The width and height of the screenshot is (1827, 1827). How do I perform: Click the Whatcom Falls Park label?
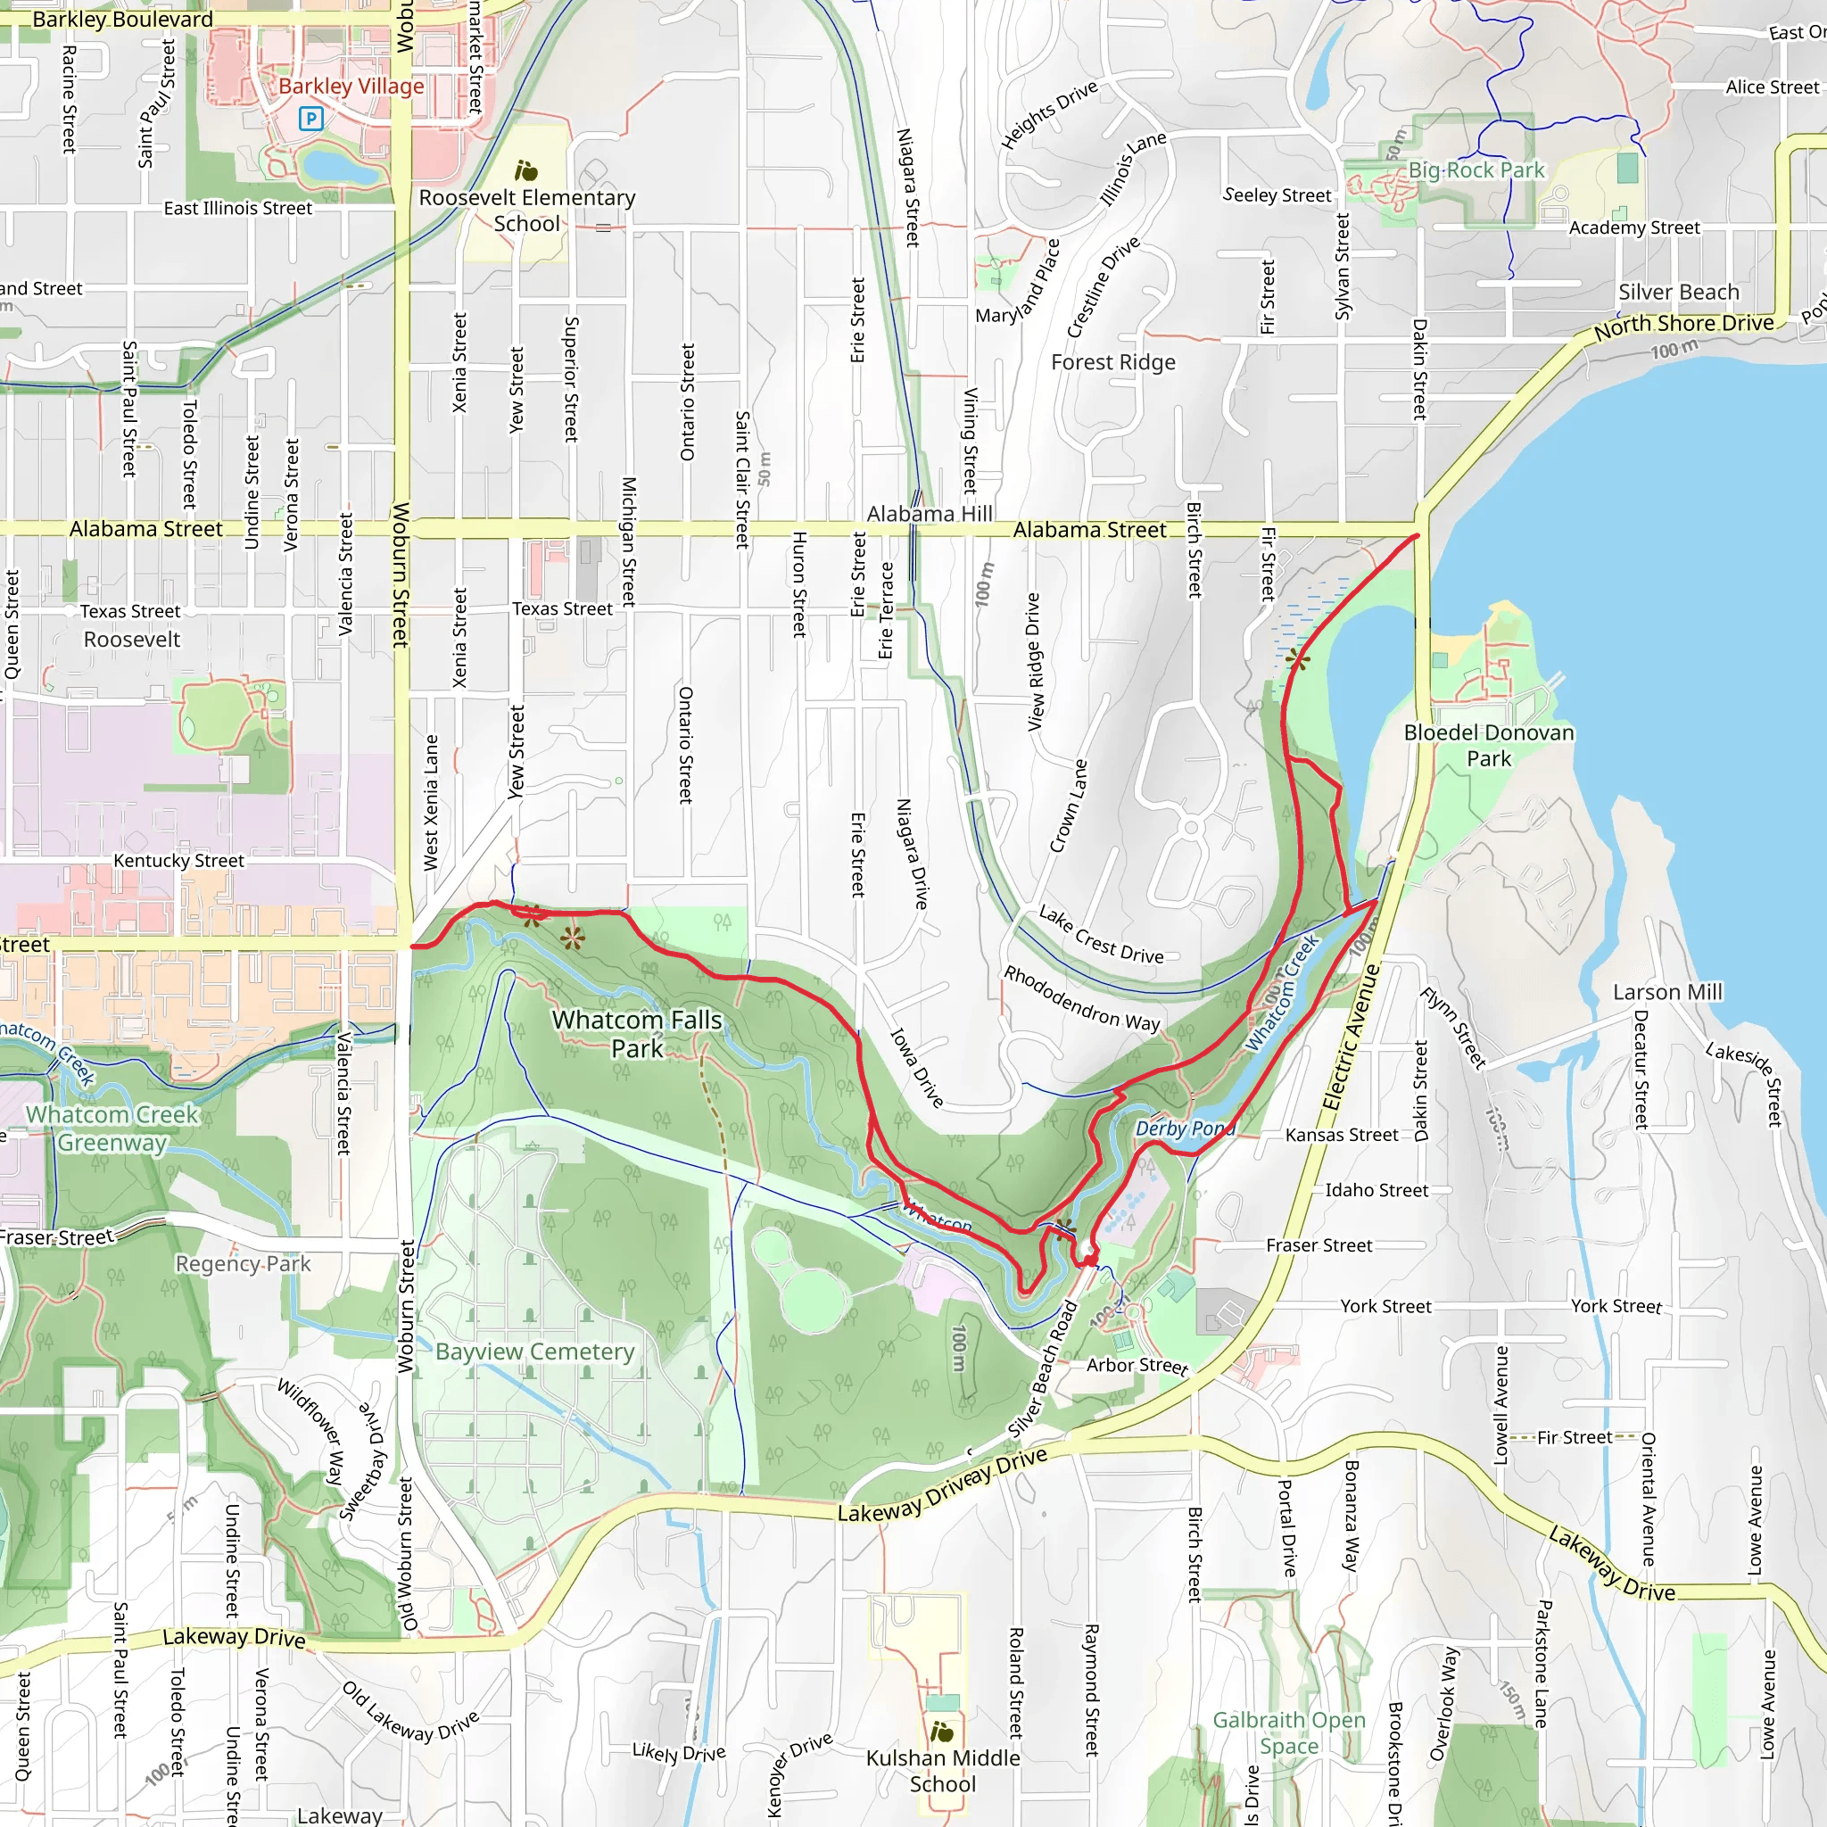[x=636, y=1034]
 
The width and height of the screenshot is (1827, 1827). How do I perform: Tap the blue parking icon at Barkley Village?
[x=310, y=119]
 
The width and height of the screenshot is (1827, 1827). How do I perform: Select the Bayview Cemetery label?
[x=534, y=1352]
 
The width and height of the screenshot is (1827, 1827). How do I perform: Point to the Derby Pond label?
[x=1184, y=1128]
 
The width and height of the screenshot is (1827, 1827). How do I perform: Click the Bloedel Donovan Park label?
[x=1489, y=745]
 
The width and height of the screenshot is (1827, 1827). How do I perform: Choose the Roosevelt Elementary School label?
[x=526, y=210]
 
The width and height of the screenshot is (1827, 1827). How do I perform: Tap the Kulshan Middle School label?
[x=943, y=1770]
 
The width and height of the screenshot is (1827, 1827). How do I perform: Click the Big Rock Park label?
[x=1476, y=170]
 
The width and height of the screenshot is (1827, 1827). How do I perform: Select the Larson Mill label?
[x=1667, y=992]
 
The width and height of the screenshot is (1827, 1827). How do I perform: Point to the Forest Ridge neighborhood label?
[x=1113, y=362]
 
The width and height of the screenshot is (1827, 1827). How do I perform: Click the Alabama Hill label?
[x=930, y=514]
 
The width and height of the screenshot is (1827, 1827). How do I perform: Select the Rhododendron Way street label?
[x=1081, y=998]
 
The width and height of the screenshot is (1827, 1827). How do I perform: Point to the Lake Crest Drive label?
[x=1101, y=934]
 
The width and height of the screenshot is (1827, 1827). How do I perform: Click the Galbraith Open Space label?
[x=1289, y=1732]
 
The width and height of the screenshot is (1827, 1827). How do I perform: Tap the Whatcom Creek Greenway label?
[x=112, y=1128]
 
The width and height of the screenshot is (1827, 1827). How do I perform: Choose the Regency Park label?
[x=243, y=1263]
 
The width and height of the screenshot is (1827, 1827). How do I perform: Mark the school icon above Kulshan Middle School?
[x=942, y=1732]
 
